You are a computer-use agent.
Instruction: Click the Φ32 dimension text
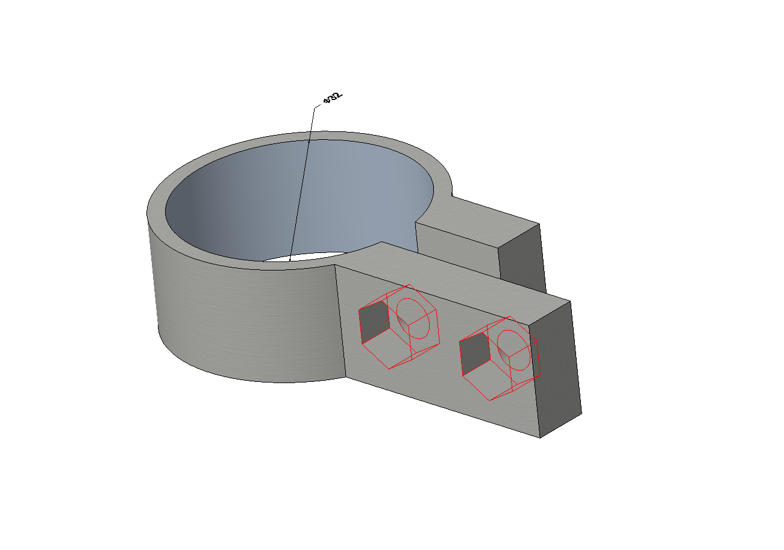click(x=333, y=98)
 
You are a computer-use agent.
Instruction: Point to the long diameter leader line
click(x=302, y=184)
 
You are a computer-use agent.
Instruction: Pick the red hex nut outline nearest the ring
click(x=400, y=327)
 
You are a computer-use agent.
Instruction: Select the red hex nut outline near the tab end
click(x=500, y=358)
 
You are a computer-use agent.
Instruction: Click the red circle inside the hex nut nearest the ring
click(x=413, y=319)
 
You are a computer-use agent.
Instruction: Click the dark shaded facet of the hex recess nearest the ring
click(x=374, y=322)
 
